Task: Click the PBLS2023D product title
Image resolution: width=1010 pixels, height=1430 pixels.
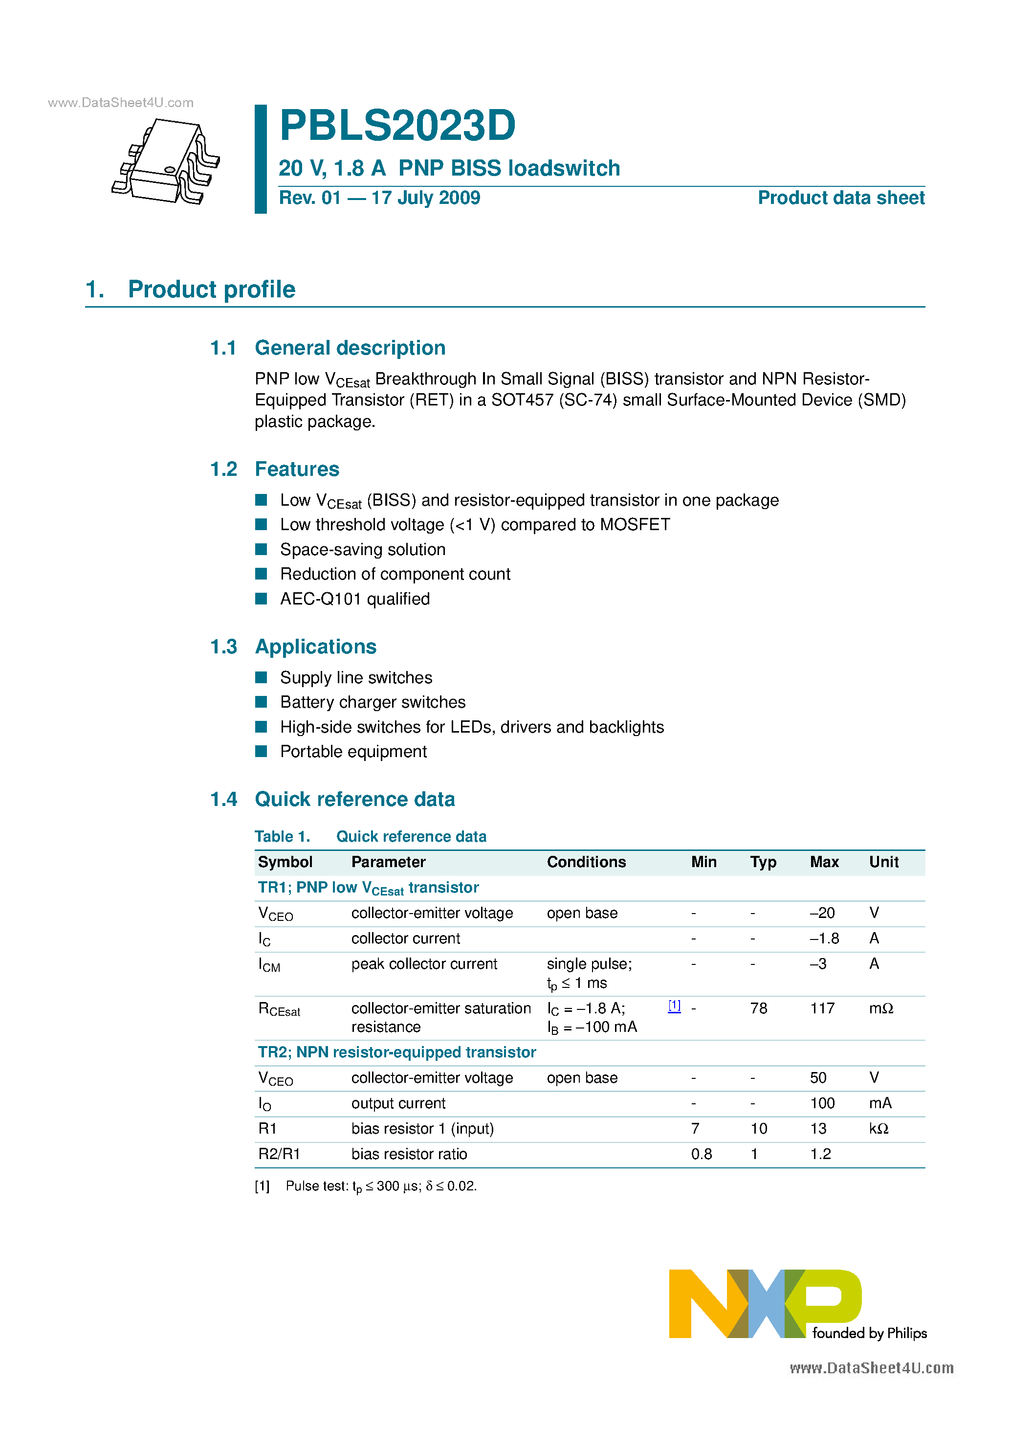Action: [397, 126]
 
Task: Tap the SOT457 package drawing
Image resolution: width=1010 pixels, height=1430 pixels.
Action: [166, 161]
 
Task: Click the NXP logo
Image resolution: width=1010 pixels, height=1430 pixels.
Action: [797, 1304]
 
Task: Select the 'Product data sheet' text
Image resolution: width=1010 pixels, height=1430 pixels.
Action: [841, 198]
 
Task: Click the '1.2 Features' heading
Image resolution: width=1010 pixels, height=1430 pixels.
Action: [275, 469]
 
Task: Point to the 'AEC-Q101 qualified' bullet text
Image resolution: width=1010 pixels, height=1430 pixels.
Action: [354, 599]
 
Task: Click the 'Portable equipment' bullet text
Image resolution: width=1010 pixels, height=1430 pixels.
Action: [353, 752]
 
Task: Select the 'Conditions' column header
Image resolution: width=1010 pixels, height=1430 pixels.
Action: [586, 862]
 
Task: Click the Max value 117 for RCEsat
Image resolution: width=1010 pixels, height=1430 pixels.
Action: [822, 1008]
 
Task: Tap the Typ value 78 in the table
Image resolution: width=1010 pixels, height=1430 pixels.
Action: [758, 1008]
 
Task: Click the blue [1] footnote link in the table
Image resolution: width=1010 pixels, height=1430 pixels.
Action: [674, 1006]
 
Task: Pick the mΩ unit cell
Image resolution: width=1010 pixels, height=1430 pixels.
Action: [881, 1008]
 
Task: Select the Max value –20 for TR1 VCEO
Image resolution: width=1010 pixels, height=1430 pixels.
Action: [822, 913]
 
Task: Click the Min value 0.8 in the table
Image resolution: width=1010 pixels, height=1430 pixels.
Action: [701, 1154]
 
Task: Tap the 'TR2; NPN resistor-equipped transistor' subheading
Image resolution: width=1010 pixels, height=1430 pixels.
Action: [396, 1052]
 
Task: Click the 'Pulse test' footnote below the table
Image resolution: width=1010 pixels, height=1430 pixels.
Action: [380, 1186]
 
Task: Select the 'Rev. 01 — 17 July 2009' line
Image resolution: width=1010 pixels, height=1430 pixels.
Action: [379, 198]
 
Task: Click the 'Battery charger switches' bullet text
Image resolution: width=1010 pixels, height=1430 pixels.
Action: [373, 703]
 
